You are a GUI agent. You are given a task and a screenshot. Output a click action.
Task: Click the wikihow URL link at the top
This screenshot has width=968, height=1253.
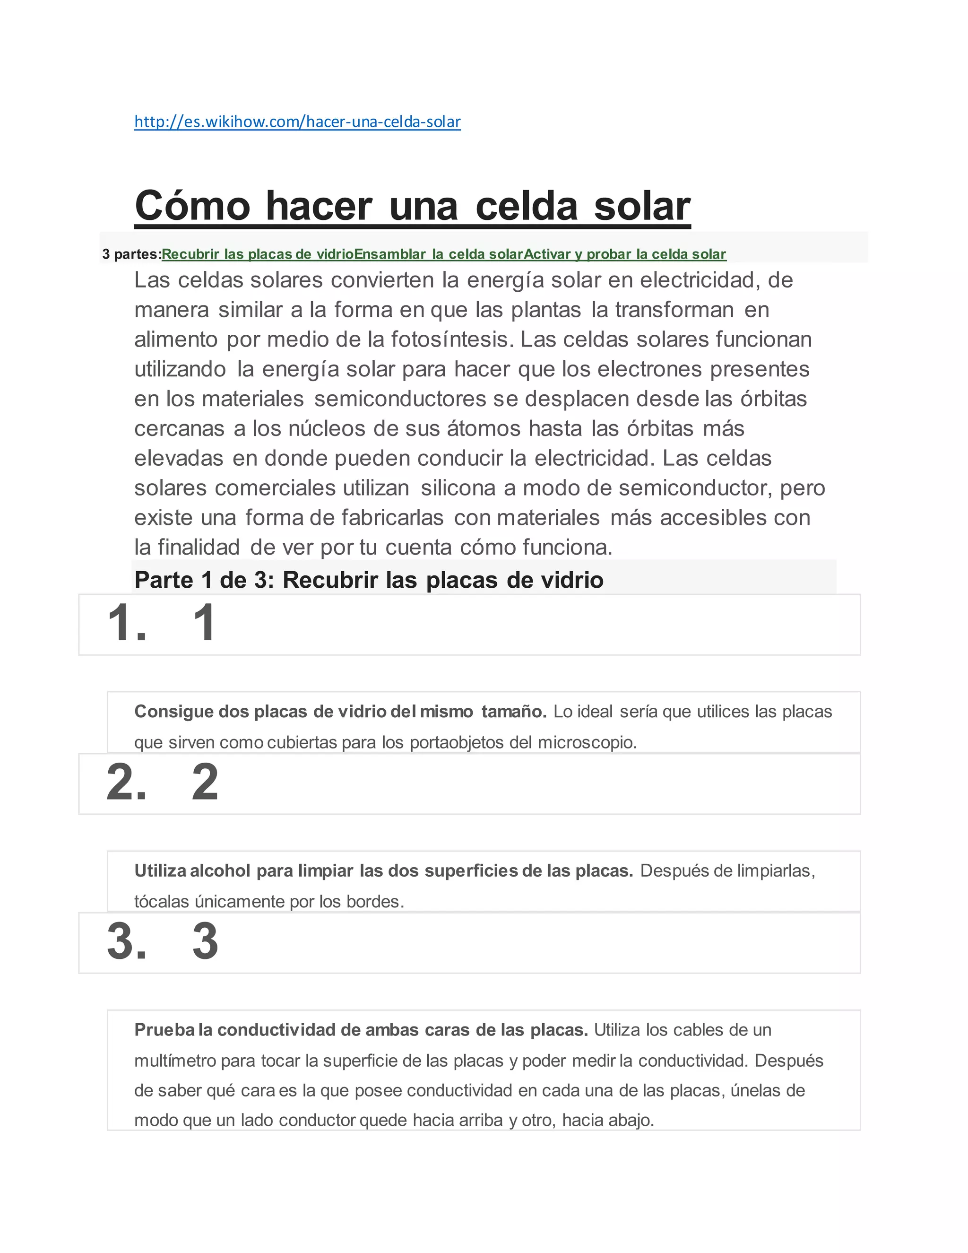(297, 122)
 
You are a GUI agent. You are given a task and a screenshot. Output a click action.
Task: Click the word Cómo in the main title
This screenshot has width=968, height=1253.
(192, 206)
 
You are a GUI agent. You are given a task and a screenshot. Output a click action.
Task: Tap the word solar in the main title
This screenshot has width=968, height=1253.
(642, 206)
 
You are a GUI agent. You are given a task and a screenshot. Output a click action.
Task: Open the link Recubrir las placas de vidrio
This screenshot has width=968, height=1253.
(258, 254)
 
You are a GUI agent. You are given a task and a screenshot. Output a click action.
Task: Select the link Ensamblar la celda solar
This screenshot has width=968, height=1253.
(438, 254)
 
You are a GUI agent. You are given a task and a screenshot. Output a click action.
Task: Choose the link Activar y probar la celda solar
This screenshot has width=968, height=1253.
(624, 254)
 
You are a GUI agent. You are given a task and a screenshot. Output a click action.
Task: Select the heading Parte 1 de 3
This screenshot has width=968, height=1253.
(368, 580)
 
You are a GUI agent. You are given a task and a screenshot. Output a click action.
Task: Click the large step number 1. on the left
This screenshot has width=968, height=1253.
(127, 623)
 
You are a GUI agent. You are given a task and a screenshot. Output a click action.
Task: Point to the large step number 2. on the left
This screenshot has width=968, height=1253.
(127, 783)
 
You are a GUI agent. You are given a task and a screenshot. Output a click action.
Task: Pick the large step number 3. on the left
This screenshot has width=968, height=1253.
(127, 941)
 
